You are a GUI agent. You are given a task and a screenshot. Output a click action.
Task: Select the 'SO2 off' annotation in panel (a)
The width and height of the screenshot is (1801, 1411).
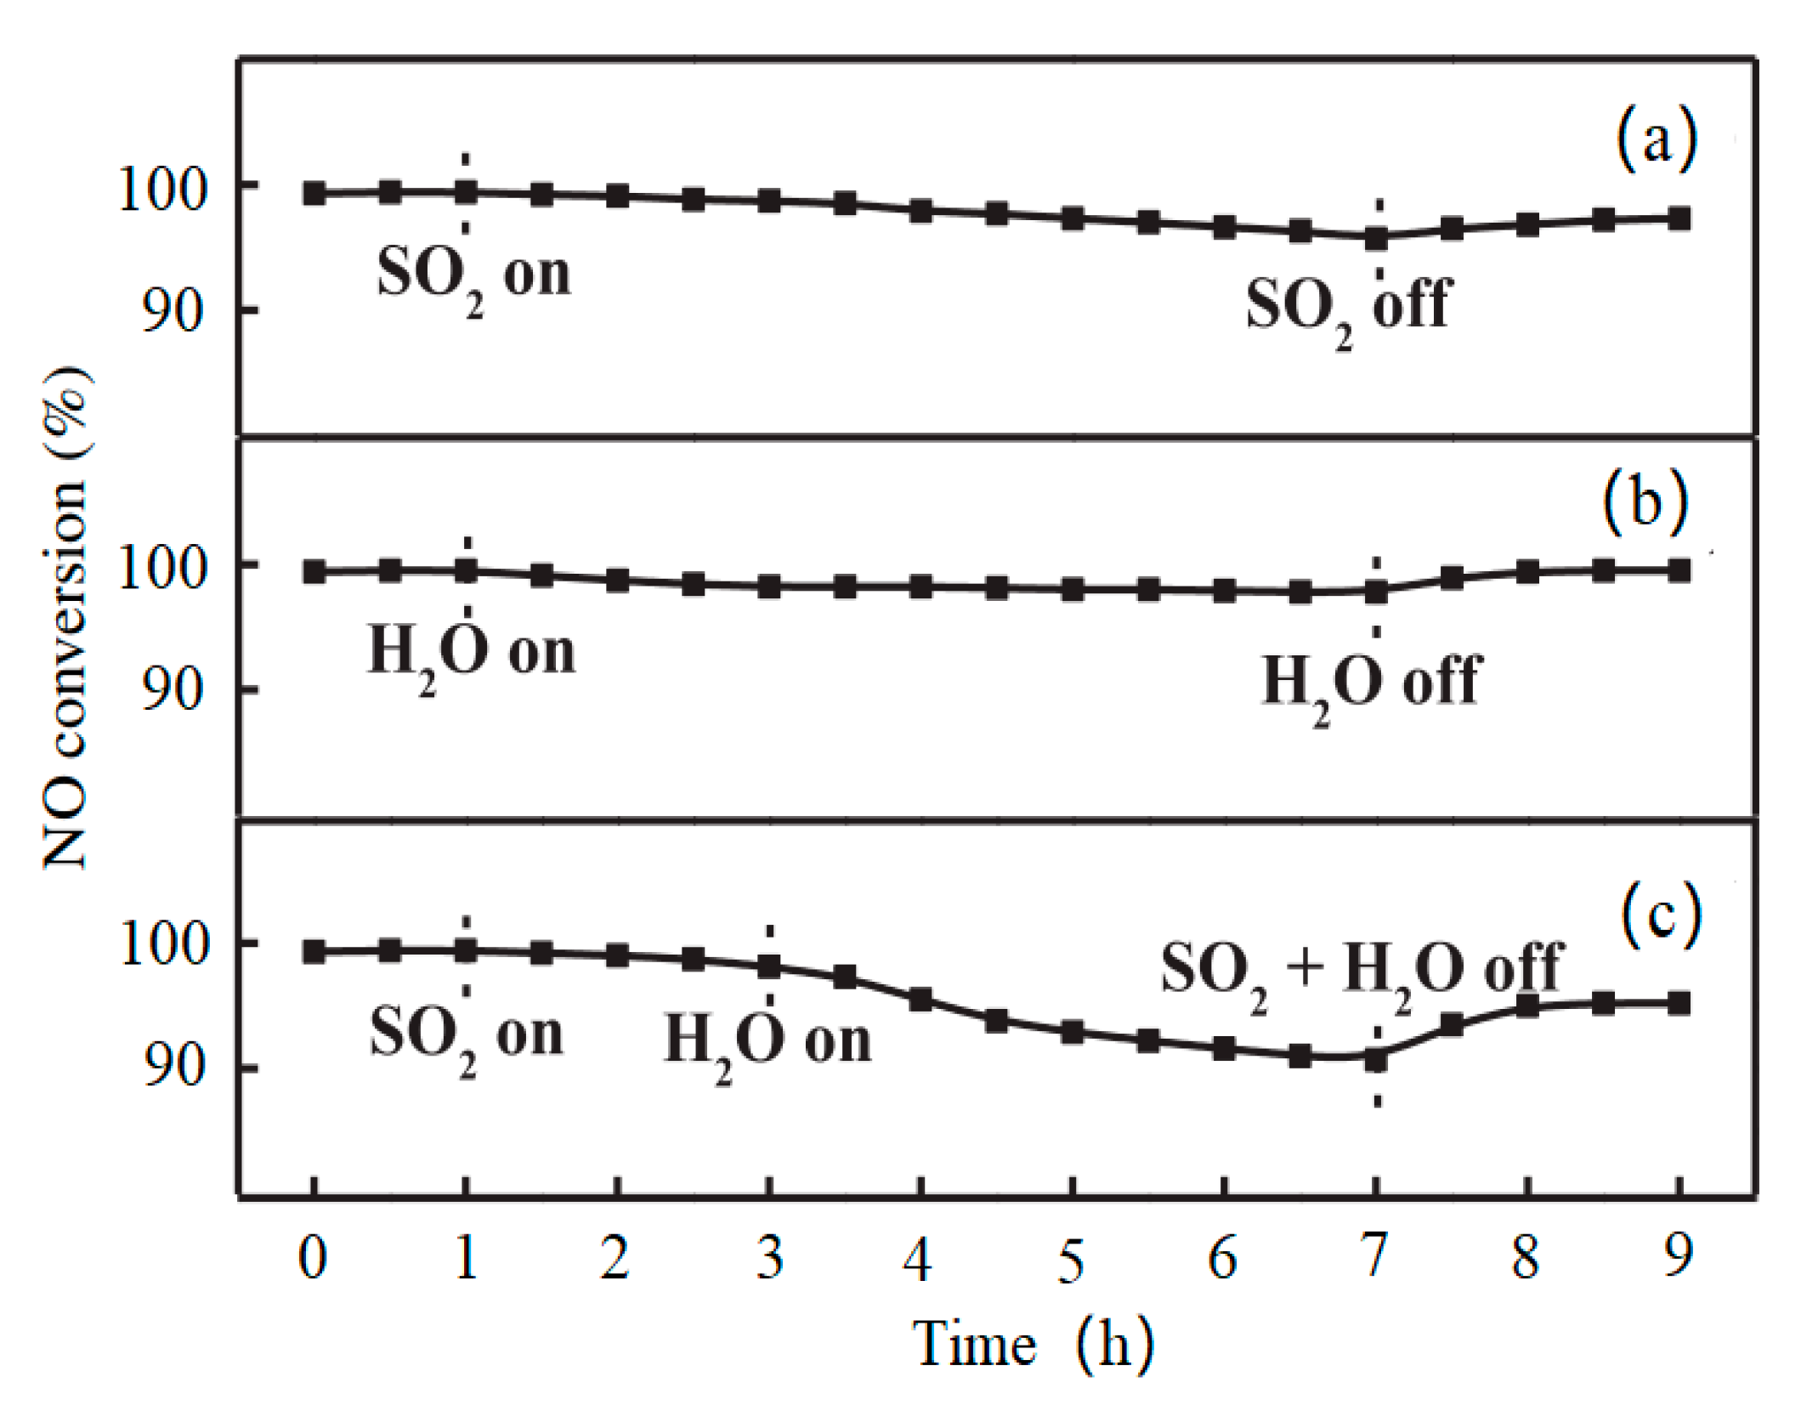click(x=1347, y=308)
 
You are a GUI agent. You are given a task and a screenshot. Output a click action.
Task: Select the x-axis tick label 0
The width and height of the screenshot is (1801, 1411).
click(x=313, y=1258)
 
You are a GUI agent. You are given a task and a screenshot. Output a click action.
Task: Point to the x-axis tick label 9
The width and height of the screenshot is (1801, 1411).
click(x=1678, y=1256)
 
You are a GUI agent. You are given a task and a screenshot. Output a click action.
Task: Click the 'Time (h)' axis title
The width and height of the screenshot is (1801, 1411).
click(x=1033, y=1346)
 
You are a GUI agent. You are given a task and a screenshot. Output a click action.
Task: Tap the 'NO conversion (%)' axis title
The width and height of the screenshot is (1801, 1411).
click(x=66, y=617)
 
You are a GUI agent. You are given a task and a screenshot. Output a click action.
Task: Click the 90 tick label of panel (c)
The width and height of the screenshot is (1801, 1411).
click(x=174, y=1067)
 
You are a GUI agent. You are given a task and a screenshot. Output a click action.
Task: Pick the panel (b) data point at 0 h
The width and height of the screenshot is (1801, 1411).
click(x=314, y=572)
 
